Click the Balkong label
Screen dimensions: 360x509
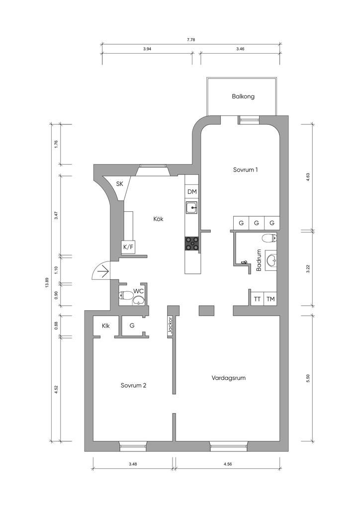[x=243, y=96]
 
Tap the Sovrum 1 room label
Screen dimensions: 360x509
[x=246, y=170]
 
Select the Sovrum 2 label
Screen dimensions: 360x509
[x=133, y=385]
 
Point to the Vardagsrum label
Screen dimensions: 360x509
[x=229, y=378]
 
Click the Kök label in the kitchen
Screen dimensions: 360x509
[x=159, y=219]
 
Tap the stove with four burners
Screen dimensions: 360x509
[x=192, y=244]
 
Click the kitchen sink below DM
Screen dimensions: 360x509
[x=191, y=207]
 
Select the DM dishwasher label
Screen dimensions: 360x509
[x=192, y=192]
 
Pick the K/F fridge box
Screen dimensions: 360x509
[x=128, y=247]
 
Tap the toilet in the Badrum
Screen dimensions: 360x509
[x=270, y=239]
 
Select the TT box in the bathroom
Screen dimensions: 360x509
[x=258, y=299]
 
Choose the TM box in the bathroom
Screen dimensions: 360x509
[x=270, y=299]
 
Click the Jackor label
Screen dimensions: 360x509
[x=170, y=326]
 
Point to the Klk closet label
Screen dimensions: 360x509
[x=105, y=326]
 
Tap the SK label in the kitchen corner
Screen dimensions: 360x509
[x=120, y=184]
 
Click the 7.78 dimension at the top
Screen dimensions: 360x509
[x=191, y=40]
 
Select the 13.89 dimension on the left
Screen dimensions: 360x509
[x=47, y=283]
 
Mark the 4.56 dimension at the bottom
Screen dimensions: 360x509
[x=228, y=464]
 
